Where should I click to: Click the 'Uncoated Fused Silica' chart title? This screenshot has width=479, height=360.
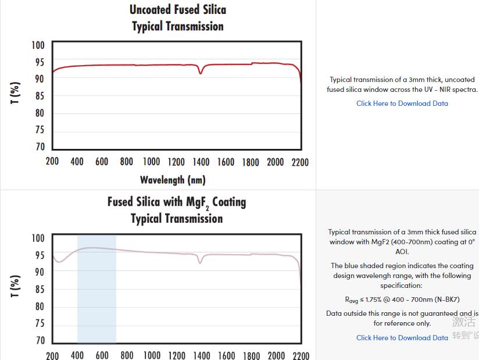click(x=177, y=10)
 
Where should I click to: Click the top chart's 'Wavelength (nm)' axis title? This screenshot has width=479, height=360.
click(x=173, y=180)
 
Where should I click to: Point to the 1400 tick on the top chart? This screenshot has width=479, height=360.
click(x=201, y=162)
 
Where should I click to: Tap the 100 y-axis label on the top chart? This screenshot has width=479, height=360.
click(x=38, y=45)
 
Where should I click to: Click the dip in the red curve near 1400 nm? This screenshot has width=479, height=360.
click(x=201, y=73)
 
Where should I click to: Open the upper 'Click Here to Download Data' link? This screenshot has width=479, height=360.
click(x=402, y=104)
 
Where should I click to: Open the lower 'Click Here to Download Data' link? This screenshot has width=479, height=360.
click(x=402, y=338)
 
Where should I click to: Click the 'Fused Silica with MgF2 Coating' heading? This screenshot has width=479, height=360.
click(x=176, y=202)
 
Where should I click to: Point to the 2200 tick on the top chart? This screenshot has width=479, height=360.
click(x=300, y=162)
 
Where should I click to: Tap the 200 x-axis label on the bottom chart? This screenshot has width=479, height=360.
click(x=52, y=355)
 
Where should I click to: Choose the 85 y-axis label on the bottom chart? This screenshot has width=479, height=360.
click(x=38, y=289)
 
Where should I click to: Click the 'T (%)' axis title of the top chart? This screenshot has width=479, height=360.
click(x=16, y=94)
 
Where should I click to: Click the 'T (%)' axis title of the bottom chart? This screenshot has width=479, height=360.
click(x=16, y=286)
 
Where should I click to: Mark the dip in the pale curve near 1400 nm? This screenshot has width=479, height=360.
click(x=201, y=262)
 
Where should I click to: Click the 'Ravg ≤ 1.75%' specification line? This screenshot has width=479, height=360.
click(x=402, y=300)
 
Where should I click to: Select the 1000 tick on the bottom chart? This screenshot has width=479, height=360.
click(x=152, y=355)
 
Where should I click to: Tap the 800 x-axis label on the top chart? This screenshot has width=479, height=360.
click(x=127, y=162)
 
